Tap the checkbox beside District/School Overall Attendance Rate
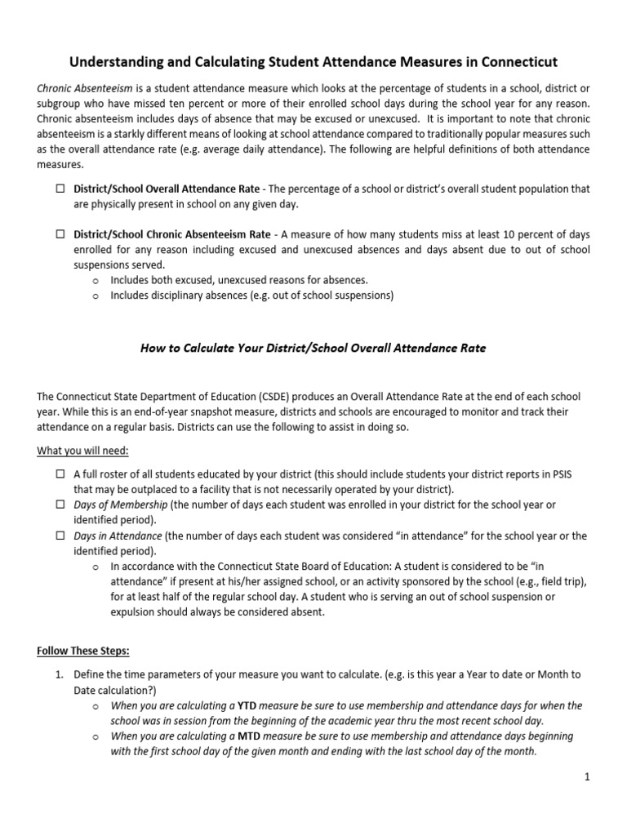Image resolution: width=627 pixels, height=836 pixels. (x=61, y=189)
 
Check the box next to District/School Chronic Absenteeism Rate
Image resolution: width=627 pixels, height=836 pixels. (x=61, y=234)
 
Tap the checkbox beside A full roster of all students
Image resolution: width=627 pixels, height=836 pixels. (x=61, y=474)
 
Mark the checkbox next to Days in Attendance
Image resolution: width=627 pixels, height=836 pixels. (x=61, y=536)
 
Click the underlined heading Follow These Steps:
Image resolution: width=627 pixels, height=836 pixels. (x=83, y=651)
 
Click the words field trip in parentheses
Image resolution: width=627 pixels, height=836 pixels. (x=557, y=581)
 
